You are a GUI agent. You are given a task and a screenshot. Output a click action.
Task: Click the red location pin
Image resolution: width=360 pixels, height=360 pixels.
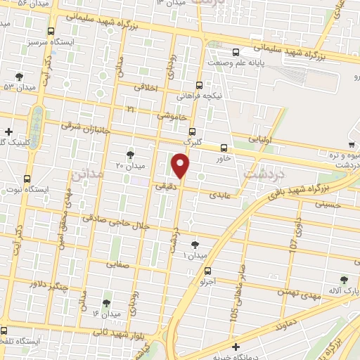click(x=181, y=165)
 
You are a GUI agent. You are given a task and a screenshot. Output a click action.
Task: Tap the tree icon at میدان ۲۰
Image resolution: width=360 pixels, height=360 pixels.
click(x=130, y=153)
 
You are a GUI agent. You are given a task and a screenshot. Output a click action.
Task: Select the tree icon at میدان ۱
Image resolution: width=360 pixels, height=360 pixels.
click(x=195, y=245)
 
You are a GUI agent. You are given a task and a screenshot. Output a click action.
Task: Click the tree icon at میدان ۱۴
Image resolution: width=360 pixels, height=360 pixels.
click(x=106, y=303)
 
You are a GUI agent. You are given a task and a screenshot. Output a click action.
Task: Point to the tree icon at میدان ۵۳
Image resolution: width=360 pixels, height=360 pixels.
click(x=18, y=77)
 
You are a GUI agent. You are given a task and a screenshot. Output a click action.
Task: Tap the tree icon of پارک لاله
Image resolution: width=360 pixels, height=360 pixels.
click(x=343, y=279)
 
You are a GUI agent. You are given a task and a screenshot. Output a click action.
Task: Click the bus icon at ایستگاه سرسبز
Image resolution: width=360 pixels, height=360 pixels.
click(x=51, y=32)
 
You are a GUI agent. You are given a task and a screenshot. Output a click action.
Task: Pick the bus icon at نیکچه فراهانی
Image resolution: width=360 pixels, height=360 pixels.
click(x=200, y=84)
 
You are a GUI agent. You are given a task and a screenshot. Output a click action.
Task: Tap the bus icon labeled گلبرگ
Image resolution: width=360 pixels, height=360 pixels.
click(x=193, y=131)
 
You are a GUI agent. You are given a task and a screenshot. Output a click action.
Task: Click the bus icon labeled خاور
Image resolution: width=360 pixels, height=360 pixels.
click(x=224, y=148)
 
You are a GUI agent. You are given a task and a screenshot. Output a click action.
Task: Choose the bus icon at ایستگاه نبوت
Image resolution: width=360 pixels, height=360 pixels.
click(x=27, y=179)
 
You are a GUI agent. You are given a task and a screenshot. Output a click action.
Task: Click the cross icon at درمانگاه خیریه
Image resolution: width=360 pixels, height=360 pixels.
click(x=235, y=346)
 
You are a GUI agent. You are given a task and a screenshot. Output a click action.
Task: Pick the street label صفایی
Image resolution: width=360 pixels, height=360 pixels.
click(x=117, y=265)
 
